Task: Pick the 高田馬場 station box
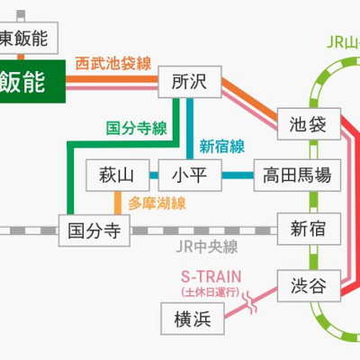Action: click(x=297, y=174)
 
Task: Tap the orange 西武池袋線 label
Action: click(x=116, y=64)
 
